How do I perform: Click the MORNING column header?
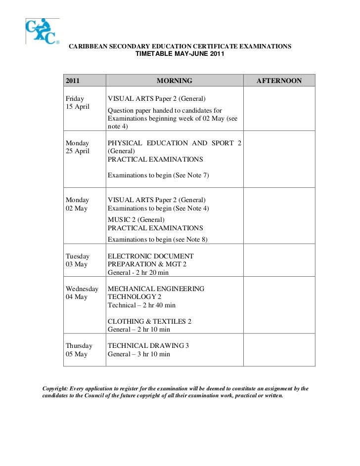tap(174, 81)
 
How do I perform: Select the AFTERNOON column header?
tap(278, 81)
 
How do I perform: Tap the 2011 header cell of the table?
tap(73, 81)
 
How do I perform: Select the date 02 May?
tap(76, 208)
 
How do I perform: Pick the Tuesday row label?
tap(78, 256)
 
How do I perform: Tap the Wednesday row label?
tap(82, 289)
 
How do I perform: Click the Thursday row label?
tap(79, 345)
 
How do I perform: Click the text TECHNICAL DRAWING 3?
tap(148, 345)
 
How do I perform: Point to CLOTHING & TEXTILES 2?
tap(149, 321)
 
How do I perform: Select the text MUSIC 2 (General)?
tap(136, 220)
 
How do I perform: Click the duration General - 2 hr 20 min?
tap(138, 273)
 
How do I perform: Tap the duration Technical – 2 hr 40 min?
tap(141, 305)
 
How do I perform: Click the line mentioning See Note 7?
tap(158, 175)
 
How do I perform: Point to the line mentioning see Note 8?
tap(158, 240)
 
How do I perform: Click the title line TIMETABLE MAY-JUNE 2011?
tap(180, 54)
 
